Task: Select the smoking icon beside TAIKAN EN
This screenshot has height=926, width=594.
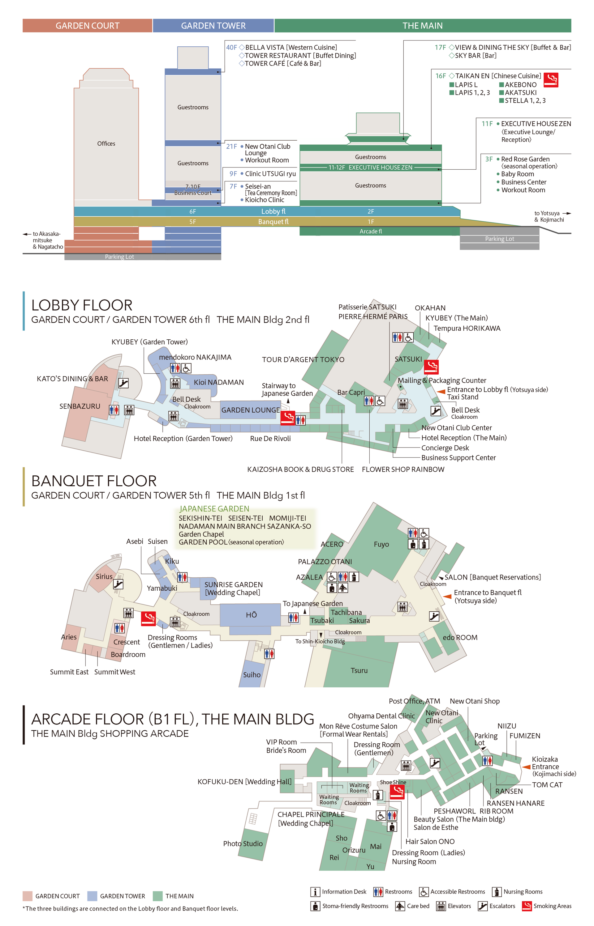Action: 551,80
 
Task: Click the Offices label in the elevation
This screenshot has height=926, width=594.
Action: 106,143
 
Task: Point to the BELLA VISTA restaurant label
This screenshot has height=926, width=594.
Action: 291,47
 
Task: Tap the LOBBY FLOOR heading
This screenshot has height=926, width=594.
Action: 82,305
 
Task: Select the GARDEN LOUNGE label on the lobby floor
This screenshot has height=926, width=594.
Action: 250,410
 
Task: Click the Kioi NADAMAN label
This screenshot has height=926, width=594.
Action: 219,382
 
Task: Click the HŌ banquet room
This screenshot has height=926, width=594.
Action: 251,615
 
